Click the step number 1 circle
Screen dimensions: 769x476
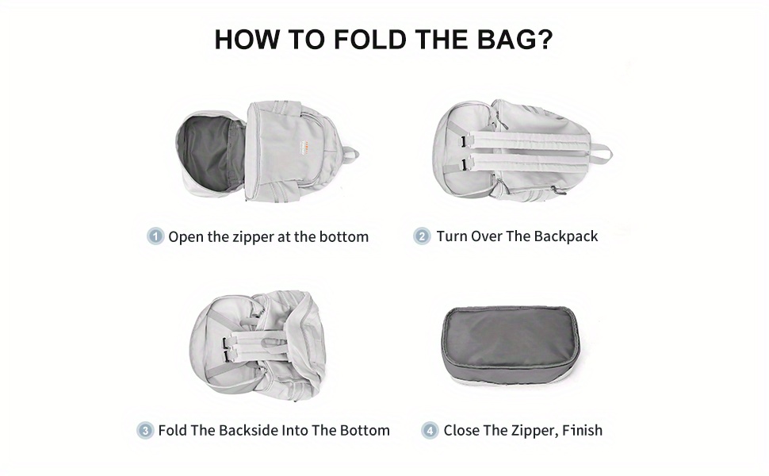point(155,236)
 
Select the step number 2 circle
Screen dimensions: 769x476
point(422,236)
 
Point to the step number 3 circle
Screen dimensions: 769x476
point(145,430)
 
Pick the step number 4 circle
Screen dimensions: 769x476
point(430,430)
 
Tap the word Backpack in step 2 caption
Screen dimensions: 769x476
point(565,236)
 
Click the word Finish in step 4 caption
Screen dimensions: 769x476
point(582,430)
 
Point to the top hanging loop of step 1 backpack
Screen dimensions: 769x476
point(350,155)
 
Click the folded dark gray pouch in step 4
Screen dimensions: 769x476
point(510,346)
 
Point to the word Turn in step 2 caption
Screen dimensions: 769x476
point(451,236)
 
